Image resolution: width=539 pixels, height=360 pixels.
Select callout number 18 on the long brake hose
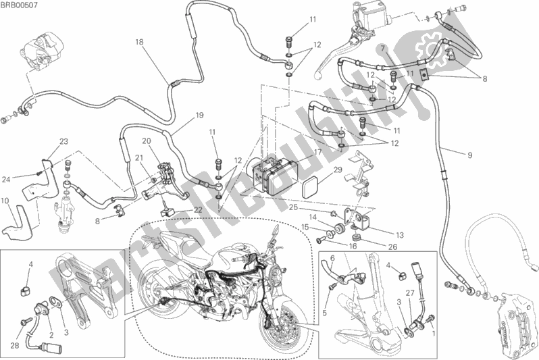pos(138,41)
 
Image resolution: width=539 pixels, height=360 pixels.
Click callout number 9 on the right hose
pos(469,155)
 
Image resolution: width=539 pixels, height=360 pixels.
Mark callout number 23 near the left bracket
pos(63,141)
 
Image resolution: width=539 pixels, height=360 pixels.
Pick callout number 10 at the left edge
pos(5,200)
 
